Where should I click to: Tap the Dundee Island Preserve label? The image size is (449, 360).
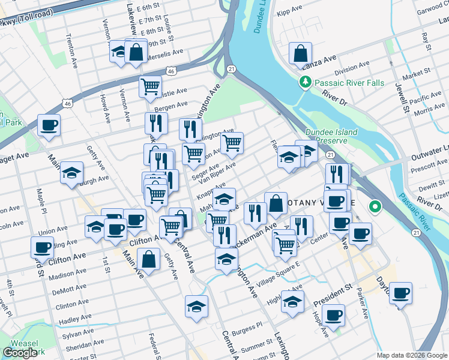tap(331, 136)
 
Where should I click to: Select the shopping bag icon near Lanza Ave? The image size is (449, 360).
tap(299, 53)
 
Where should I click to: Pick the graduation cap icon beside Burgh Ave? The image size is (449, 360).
tap(71, 173)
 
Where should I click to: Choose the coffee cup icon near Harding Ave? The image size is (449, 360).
tap(43, 247)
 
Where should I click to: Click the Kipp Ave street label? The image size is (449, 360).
tap(289, 12)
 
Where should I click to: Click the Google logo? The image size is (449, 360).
tap(20, 353)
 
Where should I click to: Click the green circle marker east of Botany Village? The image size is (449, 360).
tap(376, 208)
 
